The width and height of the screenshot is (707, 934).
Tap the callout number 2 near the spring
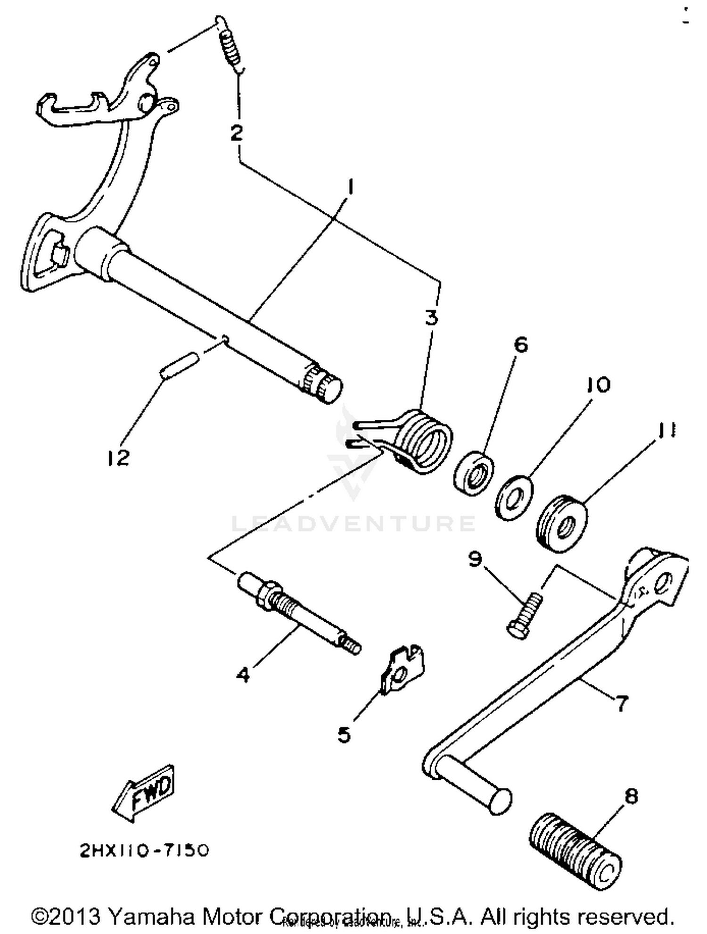pyautogui.click(x=237, y=133)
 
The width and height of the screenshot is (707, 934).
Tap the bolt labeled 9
pyautogui.click(x=525, y=616)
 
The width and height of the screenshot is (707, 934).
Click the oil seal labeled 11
pyautogui.click(x=562, y=523)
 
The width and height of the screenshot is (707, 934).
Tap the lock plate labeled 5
pyautogui.click(x=402, y=669)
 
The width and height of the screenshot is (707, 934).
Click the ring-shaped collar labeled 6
pyautogui.click(x=474, y=473)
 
